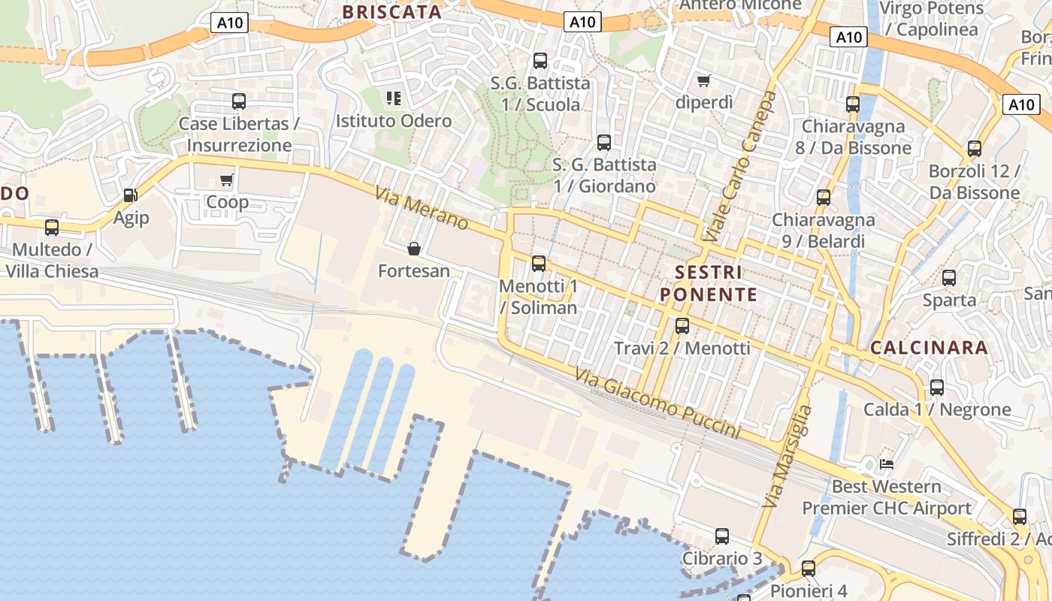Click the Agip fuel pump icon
pos(130,195)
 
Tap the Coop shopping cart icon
pos(226,180)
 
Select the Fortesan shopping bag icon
pos(413,249)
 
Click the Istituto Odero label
pos(394,121)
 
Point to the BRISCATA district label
pos(391,12)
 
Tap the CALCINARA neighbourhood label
pos(929,348)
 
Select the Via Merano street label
pos(422,208)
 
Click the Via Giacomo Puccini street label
pos(658,403)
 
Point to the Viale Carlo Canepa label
pos(739,166)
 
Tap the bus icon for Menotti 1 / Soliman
pos(539,264)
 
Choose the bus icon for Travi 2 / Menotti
pos(682,326)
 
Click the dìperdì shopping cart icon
pos(703,80)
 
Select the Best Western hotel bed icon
pos(887,464)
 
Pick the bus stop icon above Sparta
pos(949,278)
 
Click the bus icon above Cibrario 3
pos(722,536)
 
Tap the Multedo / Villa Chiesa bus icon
pos(52,227)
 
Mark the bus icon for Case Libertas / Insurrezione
pos(239,101)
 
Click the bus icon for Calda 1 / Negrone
pos(937,388)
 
